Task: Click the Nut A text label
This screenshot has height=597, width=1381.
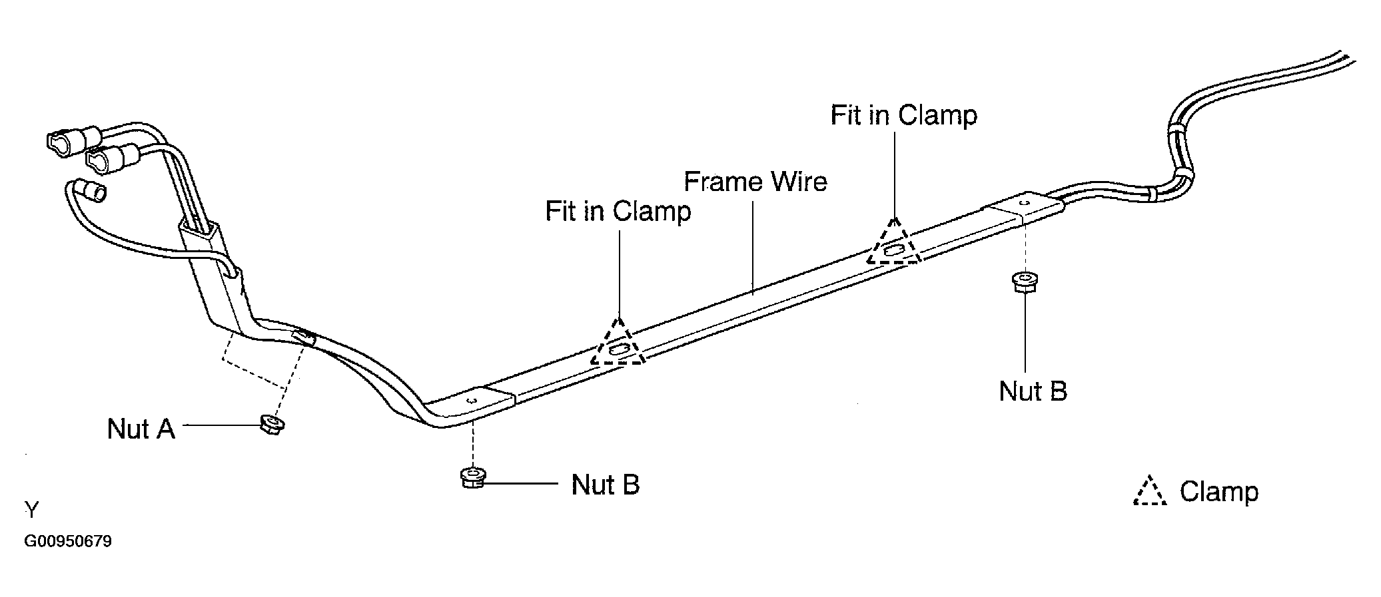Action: pyautogui.click(x=141, y=429)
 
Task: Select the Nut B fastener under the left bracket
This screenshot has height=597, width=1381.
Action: pyautogui.click(x=472, y=478)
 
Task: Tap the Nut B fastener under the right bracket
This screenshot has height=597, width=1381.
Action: pyautogui.click(x=1025, y=282)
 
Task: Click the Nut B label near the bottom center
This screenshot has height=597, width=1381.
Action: pyautogui.click(x=605, y=485)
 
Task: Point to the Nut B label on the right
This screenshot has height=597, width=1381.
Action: pyautogui.click(x=1033, y=391)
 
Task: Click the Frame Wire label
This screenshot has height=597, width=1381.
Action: pyautogui.click(x=755, y=182)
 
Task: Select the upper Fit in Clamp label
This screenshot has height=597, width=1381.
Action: pyautogui.click(x=903, y=115)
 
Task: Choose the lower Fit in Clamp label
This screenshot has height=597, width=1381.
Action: pyautogui.click(x=618, y=211)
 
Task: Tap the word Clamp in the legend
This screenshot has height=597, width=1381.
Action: pyautogui.click(x=1218, y=492)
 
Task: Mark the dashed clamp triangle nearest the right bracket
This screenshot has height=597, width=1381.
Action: pyautogui.click(x=893, y=245)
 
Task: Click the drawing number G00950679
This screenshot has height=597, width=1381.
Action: pyautogui.click(x=68, y=541)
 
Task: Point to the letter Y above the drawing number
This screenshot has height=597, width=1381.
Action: pyautogui.click(x=32, y=510)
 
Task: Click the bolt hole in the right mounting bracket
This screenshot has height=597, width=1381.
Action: pyautogui.click(x=1025, y=202)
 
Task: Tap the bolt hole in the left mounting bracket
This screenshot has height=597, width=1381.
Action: pyautogui.click(x=472, y=401)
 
